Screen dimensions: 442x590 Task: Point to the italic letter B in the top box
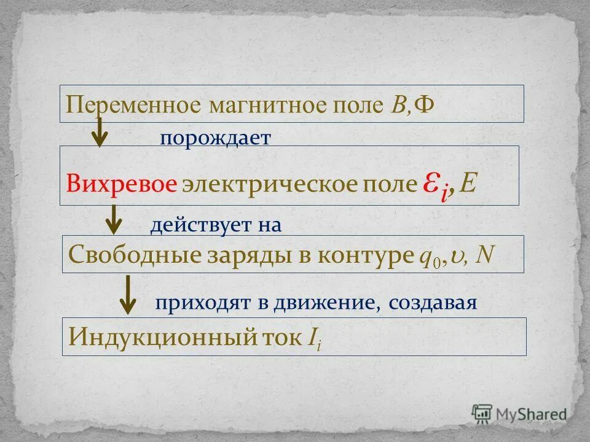tap(396, 104)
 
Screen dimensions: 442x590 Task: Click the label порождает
tap(215, 138)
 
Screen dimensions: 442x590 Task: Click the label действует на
tap(216, 226)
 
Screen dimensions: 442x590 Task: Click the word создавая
tap(433, 303)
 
